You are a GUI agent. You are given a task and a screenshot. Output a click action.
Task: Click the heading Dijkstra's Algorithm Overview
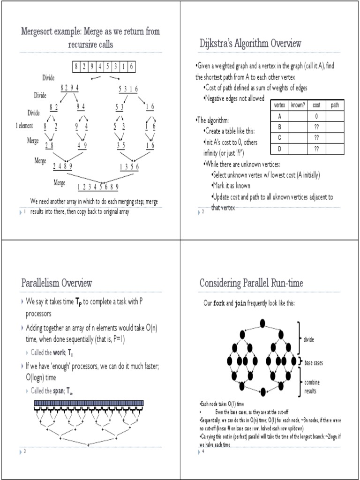click(x=250, y=44)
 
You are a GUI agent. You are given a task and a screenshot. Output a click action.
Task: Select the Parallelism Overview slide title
click(x=57, y=283)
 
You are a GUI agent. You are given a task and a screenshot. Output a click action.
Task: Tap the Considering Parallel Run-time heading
click(x=251, y=283)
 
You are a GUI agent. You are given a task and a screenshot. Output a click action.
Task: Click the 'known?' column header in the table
click(x=298, y=105)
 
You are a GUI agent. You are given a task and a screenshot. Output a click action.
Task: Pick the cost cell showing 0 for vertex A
click(x=316, y=116)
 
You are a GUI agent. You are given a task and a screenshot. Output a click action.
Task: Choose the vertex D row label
click(x=279, y=149)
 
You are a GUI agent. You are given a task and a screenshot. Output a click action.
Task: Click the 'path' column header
click(x=335, y=105)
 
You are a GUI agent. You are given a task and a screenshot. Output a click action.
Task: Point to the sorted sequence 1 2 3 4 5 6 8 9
click(x=98, y=187)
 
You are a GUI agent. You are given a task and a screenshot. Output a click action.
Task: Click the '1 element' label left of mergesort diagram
click(x=24, y=126)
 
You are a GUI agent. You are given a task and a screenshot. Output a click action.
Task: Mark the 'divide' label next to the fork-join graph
click(x=309, y=339)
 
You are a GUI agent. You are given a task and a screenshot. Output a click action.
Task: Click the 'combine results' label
click(x=312, y=386)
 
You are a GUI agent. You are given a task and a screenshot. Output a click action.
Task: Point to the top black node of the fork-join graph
click(x=262, y=323)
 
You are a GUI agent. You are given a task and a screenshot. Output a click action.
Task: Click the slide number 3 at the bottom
click(x=24, y=451)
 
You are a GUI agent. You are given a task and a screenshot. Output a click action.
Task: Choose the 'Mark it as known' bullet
click(x=232, y=186)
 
